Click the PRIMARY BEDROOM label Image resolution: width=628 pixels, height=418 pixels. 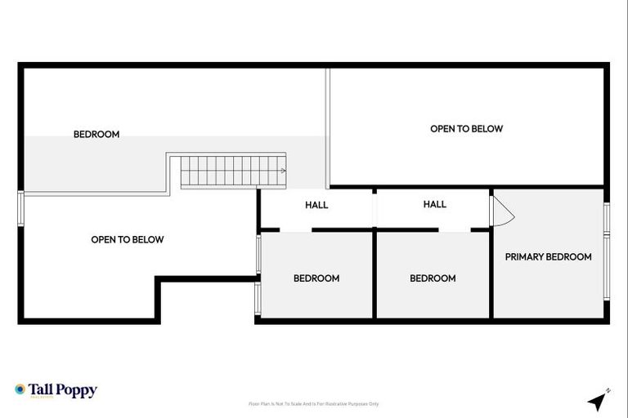tap(548, 256)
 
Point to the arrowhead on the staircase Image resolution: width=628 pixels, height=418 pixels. tap(283, 171)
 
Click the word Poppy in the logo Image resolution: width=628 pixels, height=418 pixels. tap(78, 390)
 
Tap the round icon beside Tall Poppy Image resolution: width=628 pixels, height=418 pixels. tap(20, 389)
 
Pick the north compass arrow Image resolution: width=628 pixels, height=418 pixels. tap(599, 400)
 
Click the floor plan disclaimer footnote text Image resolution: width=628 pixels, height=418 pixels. tap(313, 403)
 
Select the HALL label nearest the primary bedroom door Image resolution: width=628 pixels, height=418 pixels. tap(435, 204)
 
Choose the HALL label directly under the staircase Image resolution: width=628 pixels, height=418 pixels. tap(316, 205)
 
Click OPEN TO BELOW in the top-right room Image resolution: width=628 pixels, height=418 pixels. tap(466, 128)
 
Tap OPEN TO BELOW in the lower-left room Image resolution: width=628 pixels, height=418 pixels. tap(127, 239)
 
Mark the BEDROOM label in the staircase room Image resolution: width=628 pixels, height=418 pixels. tap(96, 134)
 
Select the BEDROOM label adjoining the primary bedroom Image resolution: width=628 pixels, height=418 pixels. tap(433, 278)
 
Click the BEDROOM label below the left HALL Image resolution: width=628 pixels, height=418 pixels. tap(316, 278)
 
